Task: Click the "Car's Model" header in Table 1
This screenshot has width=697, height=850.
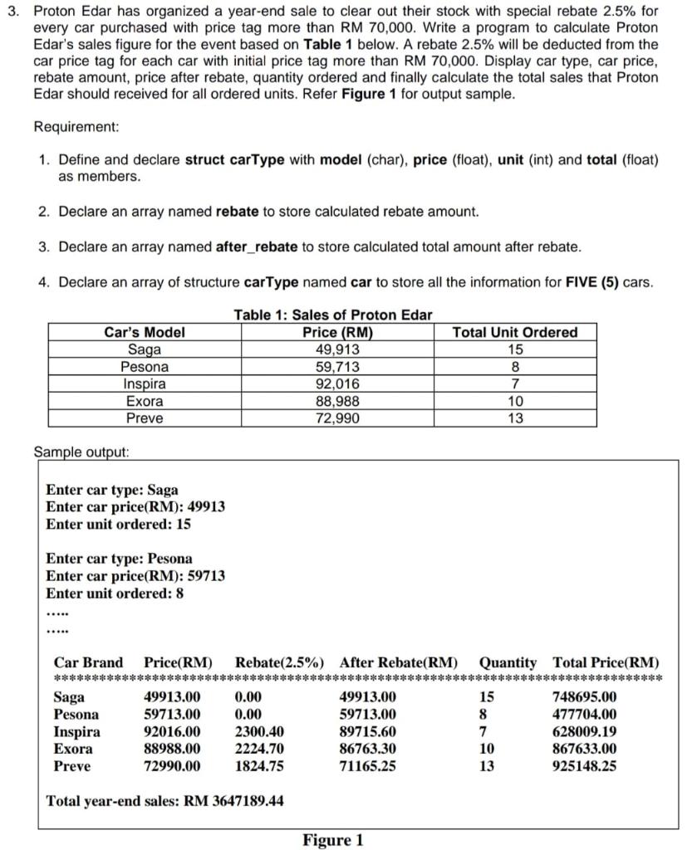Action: tap(145, 332)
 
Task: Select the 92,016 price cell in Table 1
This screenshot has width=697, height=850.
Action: tap(337, 383)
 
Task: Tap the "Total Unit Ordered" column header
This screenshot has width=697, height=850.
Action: tap(514, 332)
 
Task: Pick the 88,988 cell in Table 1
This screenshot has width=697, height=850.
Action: tap(337, 401)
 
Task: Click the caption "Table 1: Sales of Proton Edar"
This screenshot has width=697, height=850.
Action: tap(332, 315)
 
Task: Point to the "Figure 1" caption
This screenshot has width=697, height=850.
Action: tap(332, 840)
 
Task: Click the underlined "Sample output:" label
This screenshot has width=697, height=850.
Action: tap(81, 452)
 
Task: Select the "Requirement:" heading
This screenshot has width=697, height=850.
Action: tap(76, 127)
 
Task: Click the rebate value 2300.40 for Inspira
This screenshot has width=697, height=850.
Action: tap(260, 731)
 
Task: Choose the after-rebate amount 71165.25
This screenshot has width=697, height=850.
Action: tap(368, 766)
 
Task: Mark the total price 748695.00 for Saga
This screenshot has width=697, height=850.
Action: tap(585, 696)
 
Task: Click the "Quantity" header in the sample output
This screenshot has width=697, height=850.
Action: tap(508, 662)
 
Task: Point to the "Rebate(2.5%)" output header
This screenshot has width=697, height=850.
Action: tap(280, 662)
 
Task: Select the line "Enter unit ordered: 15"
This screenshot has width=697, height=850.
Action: tap(119, 525)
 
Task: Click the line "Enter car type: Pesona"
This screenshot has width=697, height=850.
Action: tap(119, 559)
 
